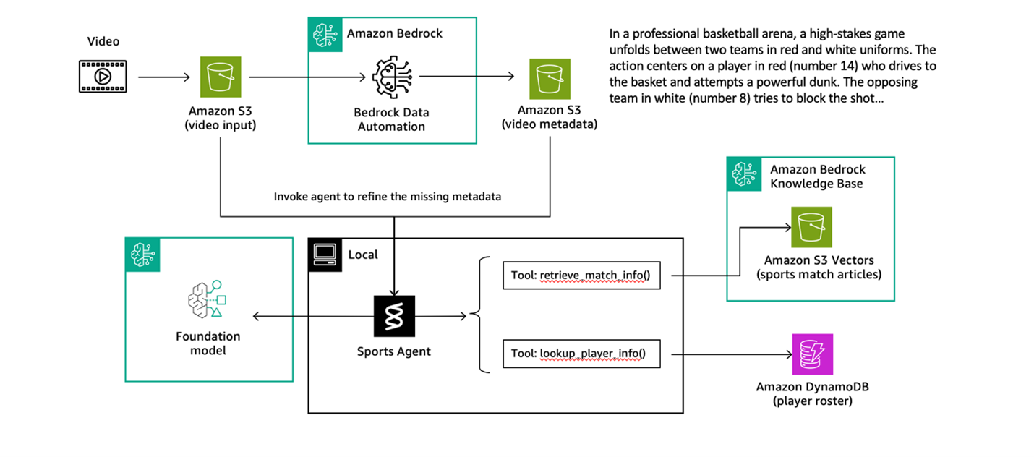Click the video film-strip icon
tap(103, 76)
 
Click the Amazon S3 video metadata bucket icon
tap(550, 76)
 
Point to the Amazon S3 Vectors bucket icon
tap(811, 226)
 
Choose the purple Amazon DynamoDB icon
tap(812, 354)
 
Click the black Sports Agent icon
tap(394, 316)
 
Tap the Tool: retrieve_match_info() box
tap(581, 275)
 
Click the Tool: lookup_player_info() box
tap(581, 354)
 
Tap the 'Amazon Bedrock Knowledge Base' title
tap(816, 176)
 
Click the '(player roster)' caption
tap(812, 401)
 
